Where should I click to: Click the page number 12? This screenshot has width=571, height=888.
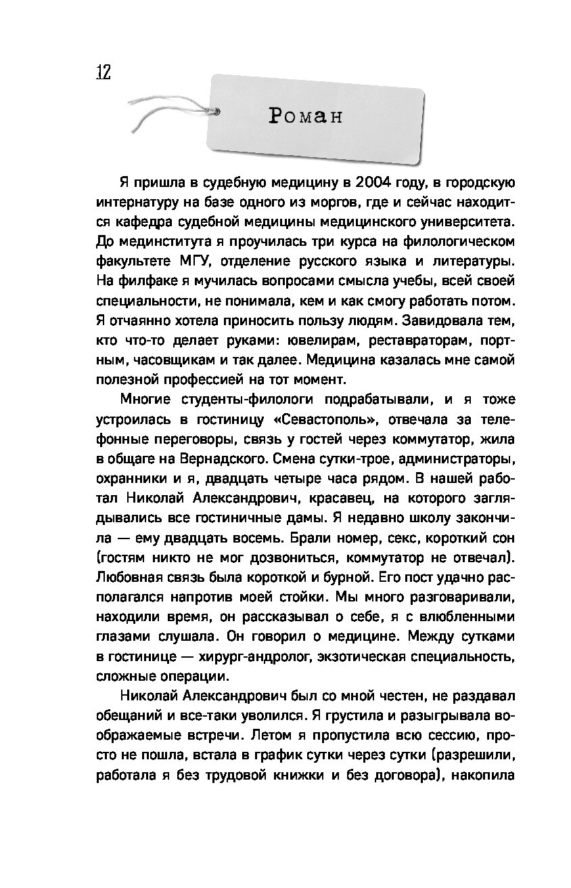[103, 72]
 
